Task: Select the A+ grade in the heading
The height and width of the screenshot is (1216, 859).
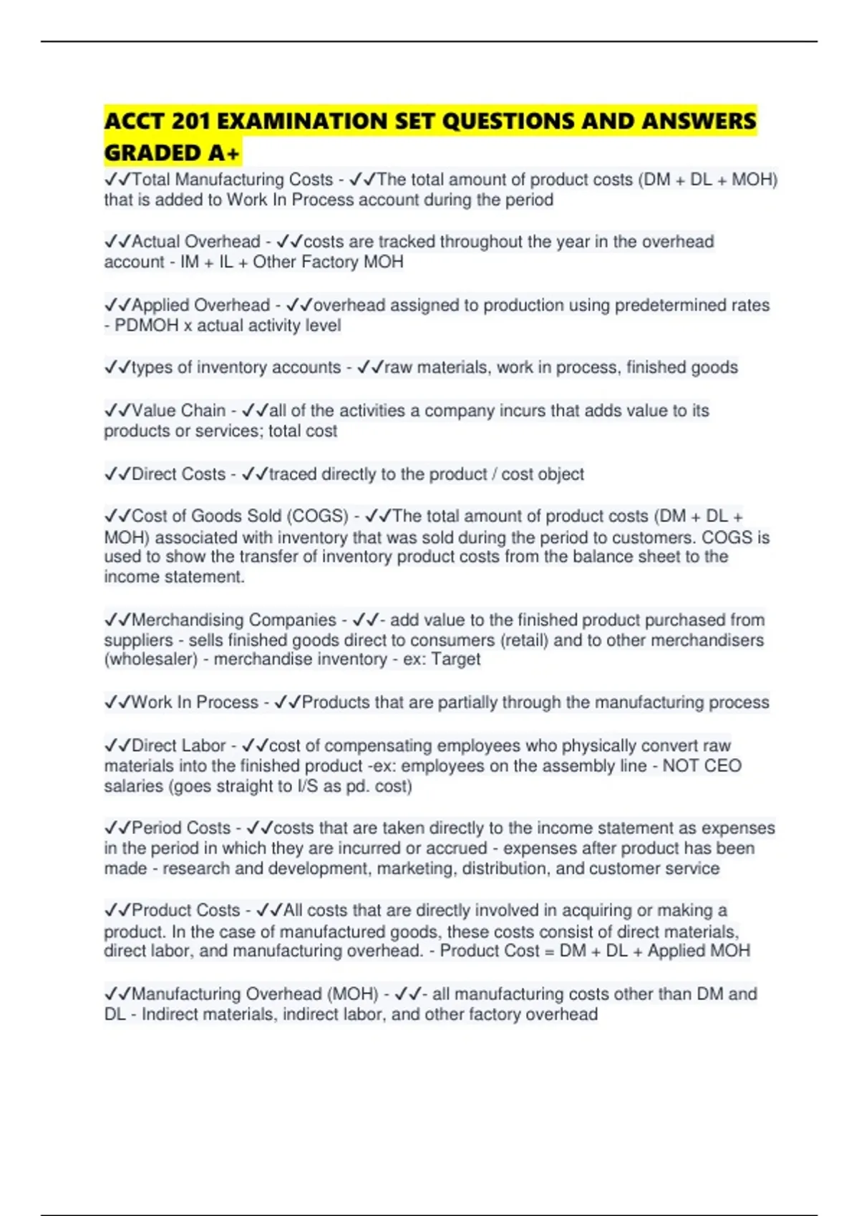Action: [224, 153]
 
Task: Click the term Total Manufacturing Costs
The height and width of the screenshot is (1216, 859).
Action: [233, 180]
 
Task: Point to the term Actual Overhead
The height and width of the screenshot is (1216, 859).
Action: [195, 242]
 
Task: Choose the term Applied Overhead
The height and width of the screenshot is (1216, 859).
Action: [200, 305]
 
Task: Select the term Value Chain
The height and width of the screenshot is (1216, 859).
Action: [178, 411]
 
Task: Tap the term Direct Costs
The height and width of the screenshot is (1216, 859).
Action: [178, 474]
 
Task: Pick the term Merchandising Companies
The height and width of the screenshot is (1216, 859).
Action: [233, 620]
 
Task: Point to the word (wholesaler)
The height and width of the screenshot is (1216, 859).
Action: [151, 660]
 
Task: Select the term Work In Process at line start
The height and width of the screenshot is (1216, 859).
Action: [195, 702]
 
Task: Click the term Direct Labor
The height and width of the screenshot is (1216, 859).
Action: [178, 746]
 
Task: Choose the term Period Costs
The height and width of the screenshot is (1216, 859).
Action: [181, 828]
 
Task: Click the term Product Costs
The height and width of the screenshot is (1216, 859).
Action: [185, 911]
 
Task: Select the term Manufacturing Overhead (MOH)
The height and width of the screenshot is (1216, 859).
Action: [255, 994]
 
